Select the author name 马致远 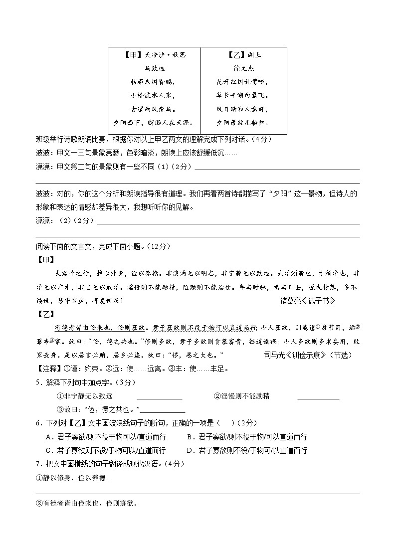(x=154, y=68)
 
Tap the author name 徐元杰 (x=244, y=68)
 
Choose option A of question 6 (x=105, y=437)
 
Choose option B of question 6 (x=247, y=437)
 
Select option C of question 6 (x=105, y=450)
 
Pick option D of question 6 (x=247, y=450)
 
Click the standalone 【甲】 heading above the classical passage (x=46, y=260)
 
